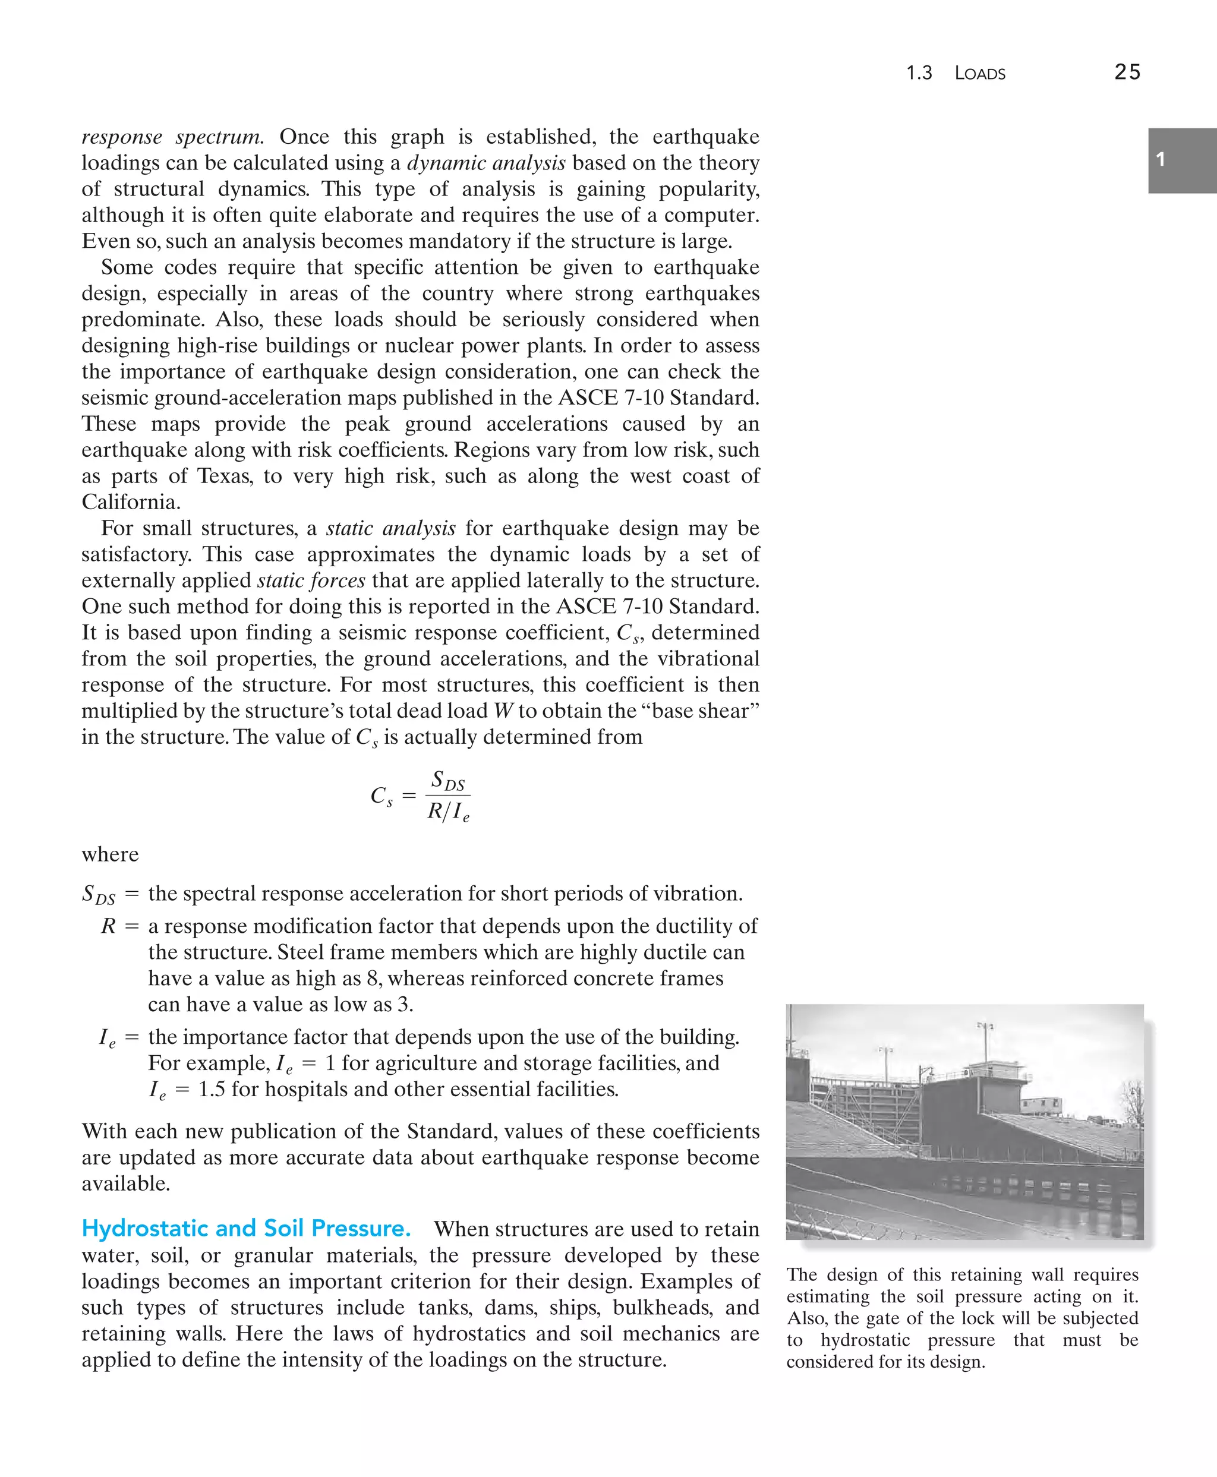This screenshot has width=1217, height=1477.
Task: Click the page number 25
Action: [1127, 72]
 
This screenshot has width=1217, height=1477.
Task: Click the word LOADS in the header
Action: [980, 74]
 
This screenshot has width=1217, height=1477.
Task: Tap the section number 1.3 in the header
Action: [919, 73]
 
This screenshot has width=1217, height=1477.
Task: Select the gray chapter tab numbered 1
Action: [1181, 160]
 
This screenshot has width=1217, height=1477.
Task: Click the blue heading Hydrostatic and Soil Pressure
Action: [246, 1228]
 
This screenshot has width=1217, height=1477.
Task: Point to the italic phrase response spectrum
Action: [172, 137]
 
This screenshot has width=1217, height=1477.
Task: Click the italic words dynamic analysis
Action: [486, 163]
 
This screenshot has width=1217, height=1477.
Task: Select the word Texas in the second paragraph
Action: [225, 476]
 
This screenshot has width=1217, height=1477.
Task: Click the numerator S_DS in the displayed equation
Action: [448, 780]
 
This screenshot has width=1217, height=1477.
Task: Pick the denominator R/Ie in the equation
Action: [448, 812]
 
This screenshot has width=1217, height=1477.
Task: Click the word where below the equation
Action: [110, 854]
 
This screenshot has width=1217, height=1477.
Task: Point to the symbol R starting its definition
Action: [108, 926]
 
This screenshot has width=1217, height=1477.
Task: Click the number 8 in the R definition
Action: [372, 979]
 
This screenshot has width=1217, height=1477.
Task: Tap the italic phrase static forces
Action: [311, 580]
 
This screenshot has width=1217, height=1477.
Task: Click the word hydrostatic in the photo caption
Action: [865, 1340]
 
